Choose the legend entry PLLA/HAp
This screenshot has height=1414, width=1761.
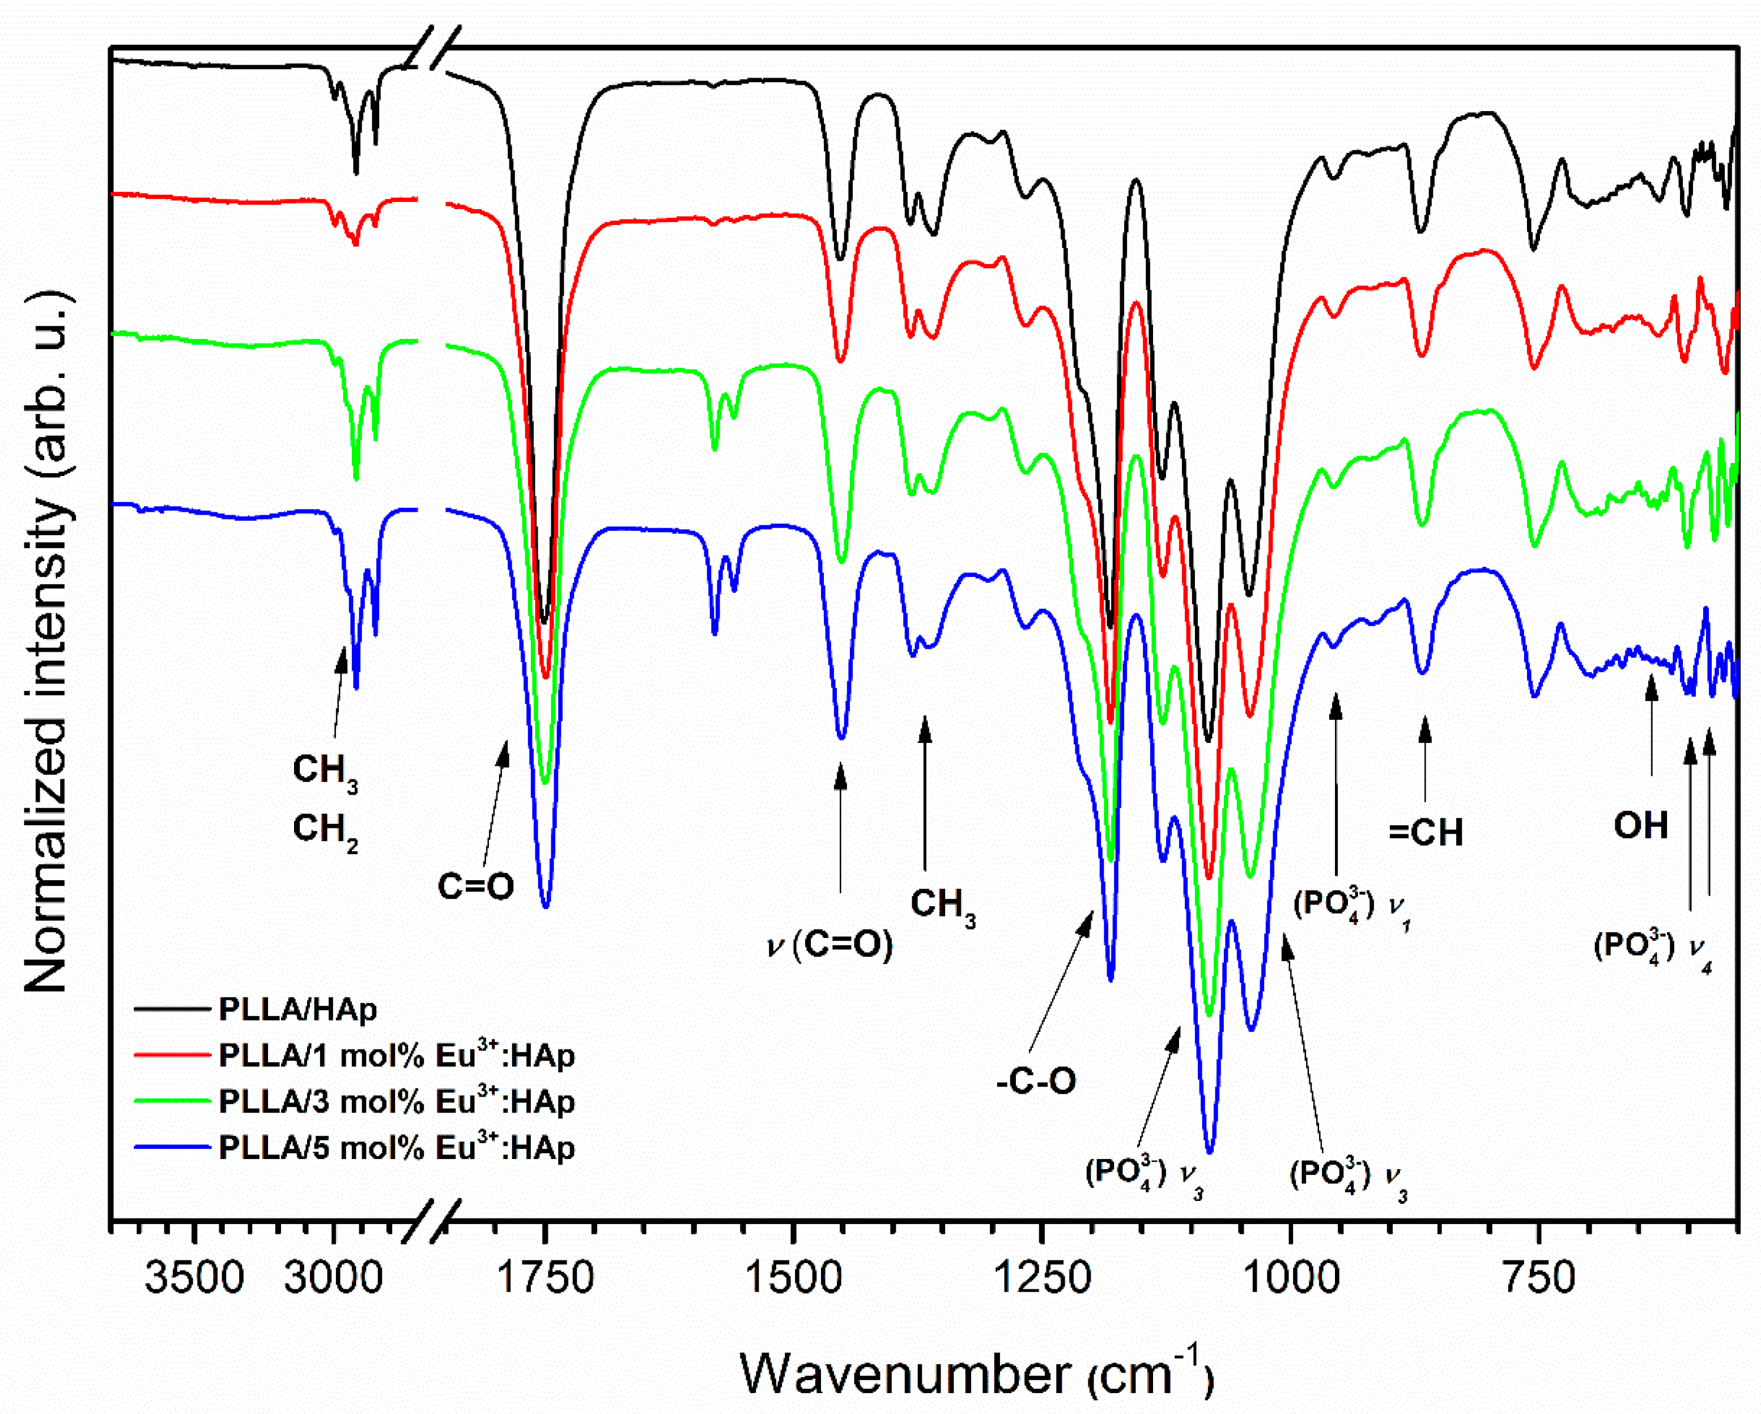[297, 1010]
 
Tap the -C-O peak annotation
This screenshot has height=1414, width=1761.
[1036, 1081]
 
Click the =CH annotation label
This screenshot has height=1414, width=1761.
[1426, 833]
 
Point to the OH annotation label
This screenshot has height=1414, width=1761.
[1640, 826]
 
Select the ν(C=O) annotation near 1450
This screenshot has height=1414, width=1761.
[829, 944]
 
